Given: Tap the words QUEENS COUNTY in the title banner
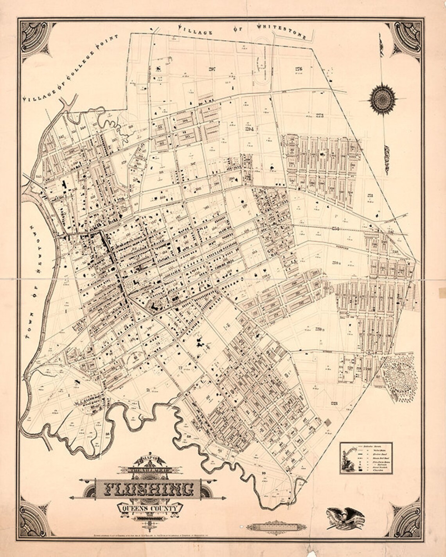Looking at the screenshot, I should point(151,508).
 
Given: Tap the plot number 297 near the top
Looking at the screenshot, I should point(212,69).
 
